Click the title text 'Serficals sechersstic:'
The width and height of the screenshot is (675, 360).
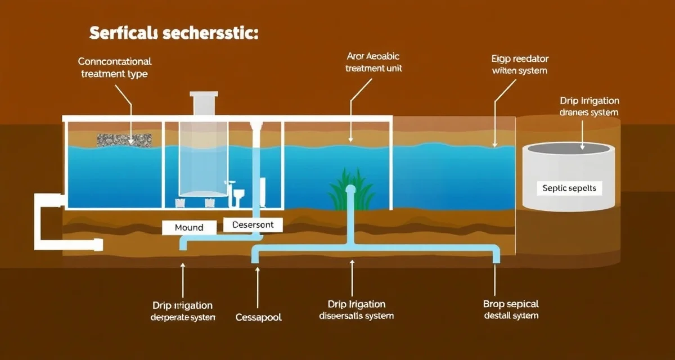pyautogui.click(x=174, y=33)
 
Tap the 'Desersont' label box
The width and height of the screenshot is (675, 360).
pyautogui.click(x=253, y=224)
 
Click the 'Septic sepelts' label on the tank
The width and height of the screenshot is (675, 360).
pyautogui.click(x=569, y=188)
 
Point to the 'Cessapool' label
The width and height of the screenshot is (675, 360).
pyautogui.click(x=258, y=317)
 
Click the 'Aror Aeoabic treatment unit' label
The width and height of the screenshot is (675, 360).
pyautogui.click(x=374, y=62)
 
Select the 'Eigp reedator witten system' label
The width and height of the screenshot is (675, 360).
pyautogui.click(x=520, y=65)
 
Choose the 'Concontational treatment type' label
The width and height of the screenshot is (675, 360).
pyautogui.click(x=115, y=67)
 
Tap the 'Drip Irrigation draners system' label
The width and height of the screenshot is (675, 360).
pyautogui.click(x=589, y=106)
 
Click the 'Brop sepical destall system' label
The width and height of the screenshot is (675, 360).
pyautogui.click(x=510, y=310)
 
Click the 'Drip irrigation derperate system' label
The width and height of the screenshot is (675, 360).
pyautogui.click(x=182, y=311)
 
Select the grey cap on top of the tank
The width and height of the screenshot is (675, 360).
pyautogui.click(x=205, y=103)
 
